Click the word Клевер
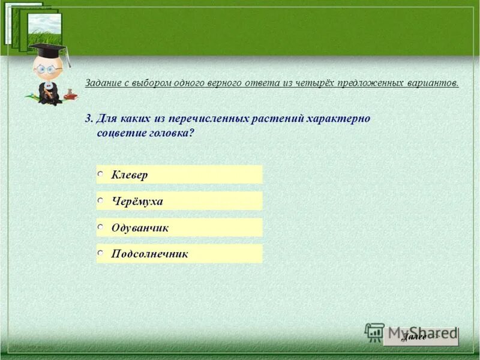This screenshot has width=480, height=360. tap(130, 175)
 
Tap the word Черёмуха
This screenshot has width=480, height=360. tap(137, 201)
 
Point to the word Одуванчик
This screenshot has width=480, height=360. tap(140, 227)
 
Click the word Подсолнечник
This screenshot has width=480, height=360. tap(150, 254)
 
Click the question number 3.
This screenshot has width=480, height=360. tap(88, 118)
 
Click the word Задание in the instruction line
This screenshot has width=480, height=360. tap(104, 83)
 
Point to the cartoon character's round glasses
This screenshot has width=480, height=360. tap(46, 68)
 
